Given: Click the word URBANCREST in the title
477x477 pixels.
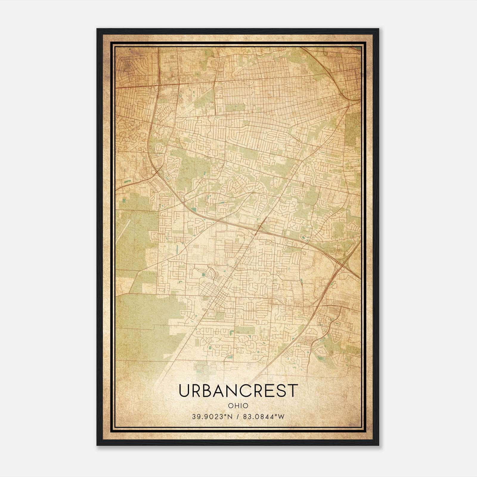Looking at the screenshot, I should pos(238,391).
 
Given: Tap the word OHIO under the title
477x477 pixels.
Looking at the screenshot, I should pos(238,406).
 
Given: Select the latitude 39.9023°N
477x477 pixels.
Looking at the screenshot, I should pos(212,417).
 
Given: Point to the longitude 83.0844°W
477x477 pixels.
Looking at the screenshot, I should pos(264,417).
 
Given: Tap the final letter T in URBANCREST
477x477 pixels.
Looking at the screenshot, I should pos(293,391).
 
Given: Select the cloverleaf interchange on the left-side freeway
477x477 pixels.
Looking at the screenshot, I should pos(155,172).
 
